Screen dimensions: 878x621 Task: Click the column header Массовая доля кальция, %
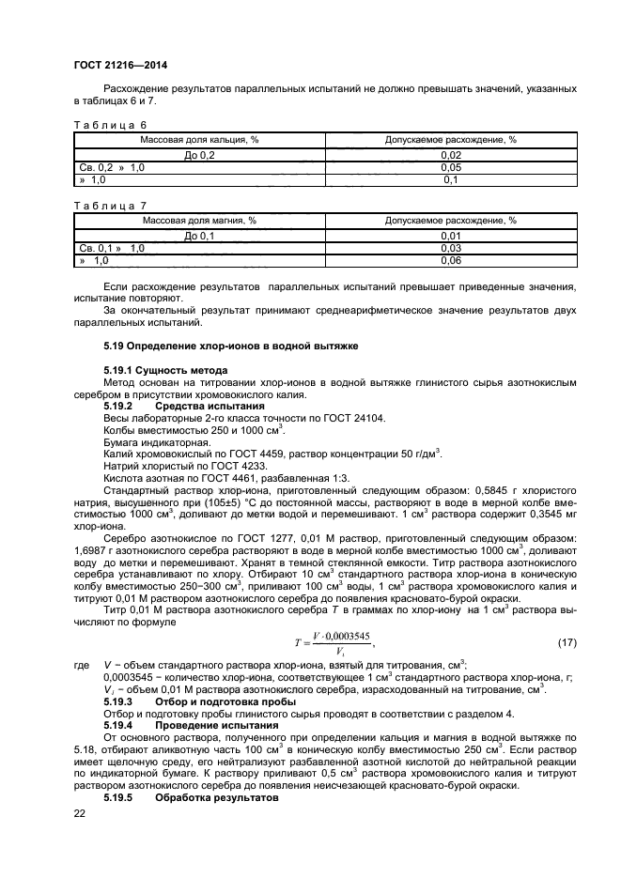pos(199,139)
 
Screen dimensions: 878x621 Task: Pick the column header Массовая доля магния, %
pos(199,220)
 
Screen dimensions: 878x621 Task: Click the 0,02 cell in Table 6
pos(450,154)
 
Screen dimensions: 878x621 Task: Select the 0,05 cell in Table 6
pos(450,166)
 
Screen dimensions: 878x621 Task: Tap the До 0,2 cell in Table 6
pos(199,154)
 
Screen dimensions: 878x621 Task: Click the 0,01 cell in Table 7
pos(450,235)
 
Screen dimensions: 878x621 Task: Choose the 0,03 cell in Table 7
pos(450,247)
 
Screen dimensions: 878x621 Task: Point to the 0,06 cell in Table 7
pos(450,260)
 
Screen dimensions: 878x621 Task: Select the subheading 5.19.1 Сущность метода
pos(153,371)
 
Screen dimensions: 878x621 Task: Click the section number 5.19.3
pos(120,701)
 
